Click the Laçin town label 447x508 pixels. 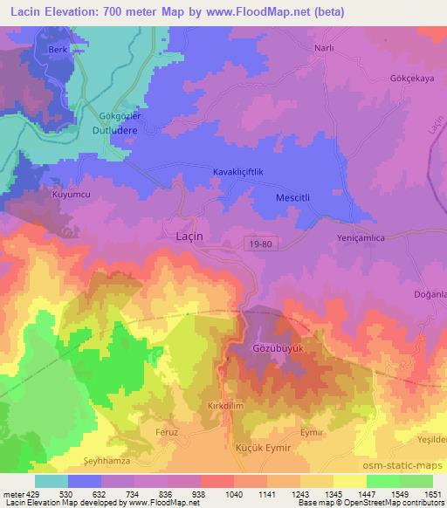[x=184, y=236]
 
